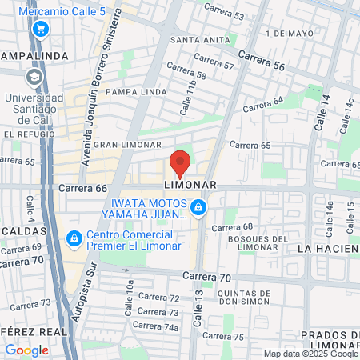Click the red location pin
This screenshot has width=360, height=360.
coord(180,163)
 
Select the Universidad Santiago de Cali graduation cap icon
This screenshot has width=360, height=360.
coord(34,77)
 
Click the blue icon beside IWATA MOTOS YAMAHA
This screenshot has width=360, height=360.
coord(198,209)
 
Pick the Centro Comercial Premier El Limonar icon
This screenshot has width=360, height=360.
coord(74,238)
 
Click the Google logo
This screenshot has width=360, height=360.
coord(26,350)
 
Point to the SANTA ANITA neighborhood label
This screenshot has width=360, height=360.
coord(198,39)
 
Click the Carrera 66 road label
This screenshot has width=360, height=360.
coord(82,189)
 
